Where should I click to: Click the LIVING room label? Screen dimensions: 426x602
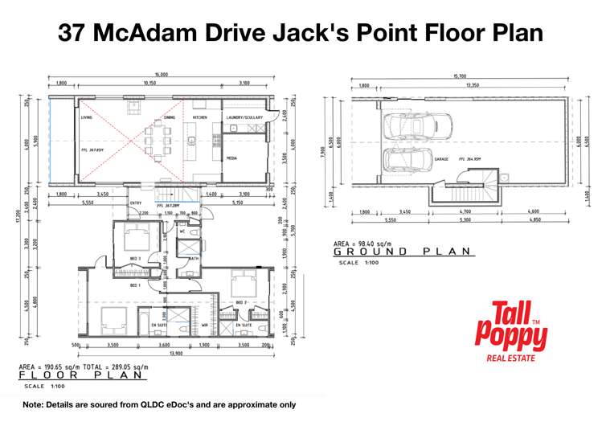(86, 117)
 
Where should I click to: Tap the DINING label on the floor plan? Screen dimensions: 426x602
(169, 117)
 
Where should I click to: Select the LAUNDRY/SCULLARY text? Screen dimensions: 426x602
(245, 117)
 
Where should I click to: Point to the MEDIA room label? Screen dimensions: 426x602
(231, 158)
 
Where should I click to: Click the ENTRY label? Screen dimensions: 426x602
(136, 203)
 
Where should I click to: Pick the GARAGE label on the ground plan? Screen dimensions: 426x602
(441, 159)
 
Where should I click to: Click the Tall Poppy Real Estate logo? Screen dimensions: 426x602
(511, 328)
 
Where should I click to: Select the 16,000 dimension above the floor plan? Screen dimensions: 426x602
(162, 74)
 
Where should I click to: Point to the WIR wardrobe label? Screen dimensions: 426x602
(204, 326)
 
